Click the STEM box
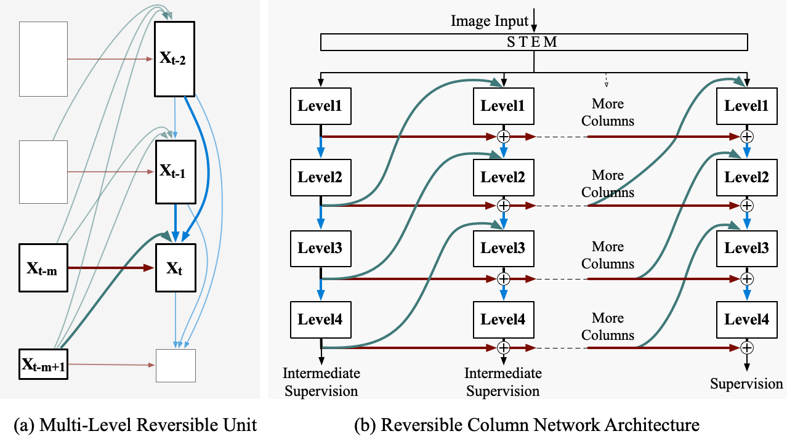pyautogui.click(x=534, y=42)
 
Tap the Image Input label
pyautogui.click(x=490, y=21)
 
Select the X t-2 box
pyautogui.click(x=175, y=58)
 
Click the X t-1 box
pyautogui.click(x=175, y=172)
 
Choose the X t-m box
pyautogui.click(x=42, y=268)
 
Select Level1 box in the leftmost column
pyautogui.click(x=320, y=106)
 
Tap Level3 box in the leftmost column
pyautogui.click(x=320, y=248)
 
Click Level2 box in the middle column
pyautogui.click(x=503, y=177)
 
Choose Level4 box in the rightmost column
pyautogui.click(x=746, y=320)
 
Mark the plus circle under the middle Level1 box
pyautogui.click(x=504, y=135)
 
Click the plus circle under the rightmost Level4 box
pyautogui.click(x=747, y=348)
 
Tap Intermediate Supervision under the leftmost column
pyautogui.click(x=321, y=382)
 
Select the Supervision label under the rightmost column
pyautogui.click(x=746, y=384)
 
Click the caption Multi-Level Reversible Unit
pyautogui.click(x=134, y=425)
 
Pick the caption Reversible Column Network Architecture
pyautogui.click(x=527, y=425)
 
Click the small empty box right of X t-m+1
pyautogui.click(x=176, y=365)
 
